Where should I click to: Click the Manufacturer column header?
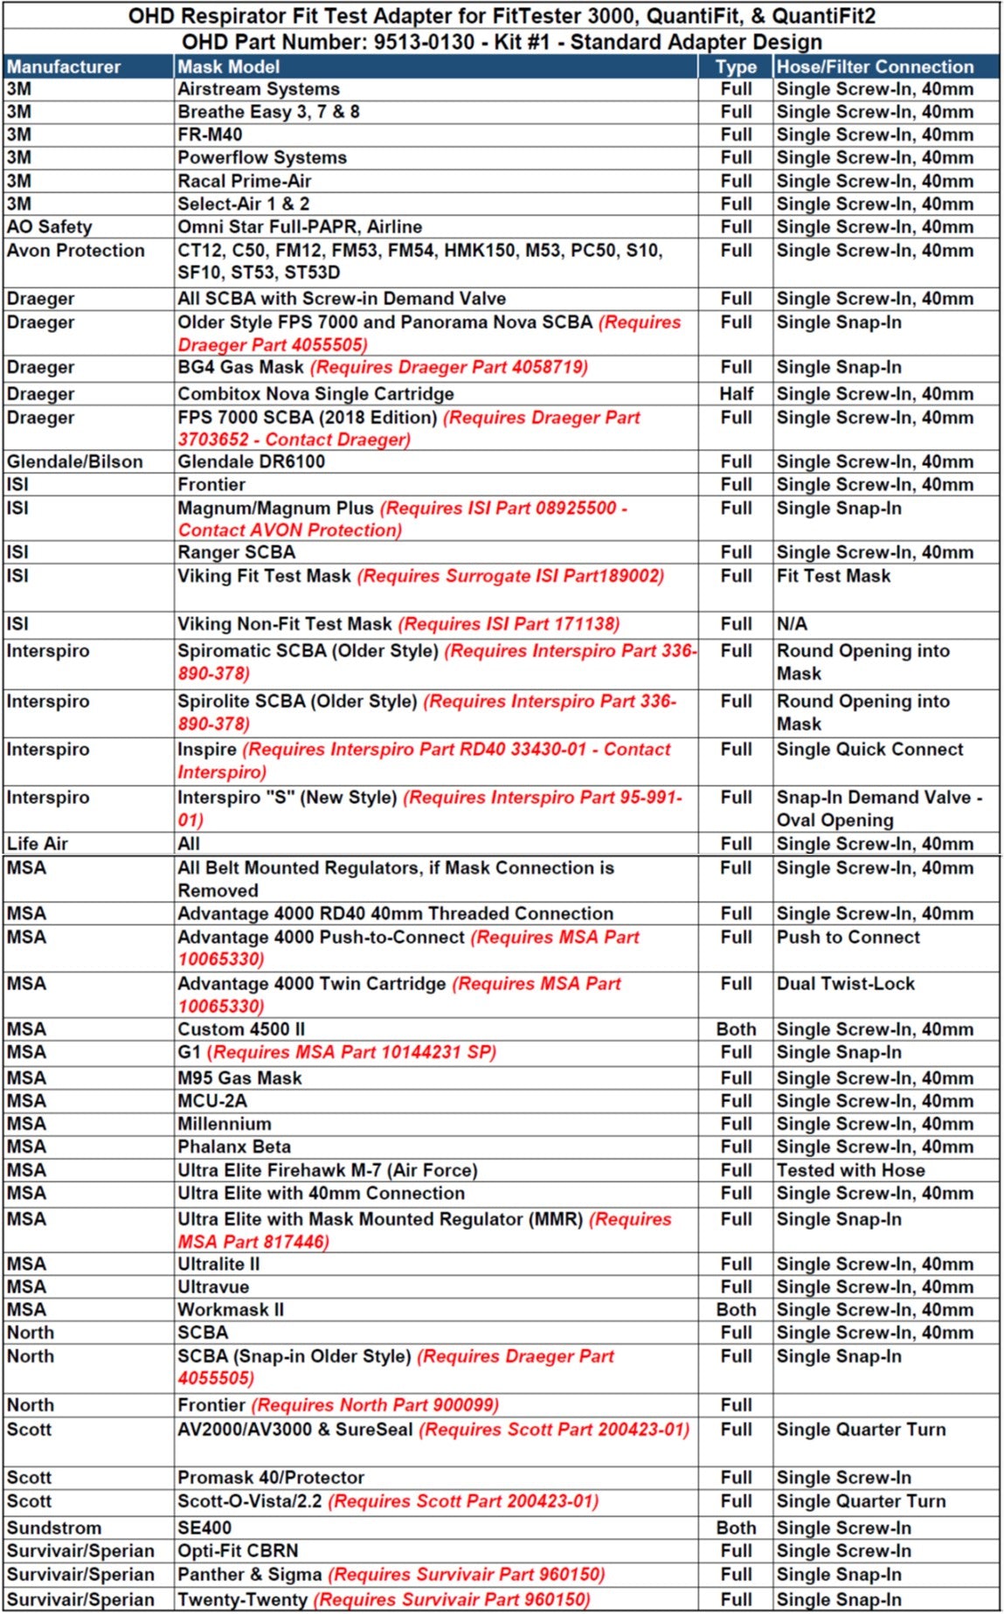[64, 66]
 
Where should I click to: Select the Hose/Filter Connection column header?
[875, 66]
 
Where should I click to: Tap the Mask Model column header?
[229, 66]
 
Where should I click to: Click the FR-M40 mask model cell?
[210, 135]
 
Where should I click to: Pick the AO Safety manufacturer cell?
[50, 227]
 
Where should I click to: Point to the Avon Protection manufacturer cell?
[76, 251]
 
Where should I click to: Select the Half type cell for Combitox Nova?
[736, 394]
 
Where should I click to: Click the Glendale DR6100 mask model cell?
[252, 461]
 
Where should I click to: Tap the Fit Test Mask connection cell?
[834, 576]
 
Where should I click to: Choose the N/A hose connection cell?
[792, 624]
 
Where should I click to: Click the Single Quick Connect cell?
[869, 750]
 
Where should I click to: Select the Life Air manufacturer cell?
[38, 844]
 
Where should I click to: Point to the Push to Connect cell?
[848, 938]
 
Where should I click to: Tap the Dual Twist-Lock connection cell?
[846, 984]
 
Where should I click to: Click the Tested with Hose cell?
[850, 1171]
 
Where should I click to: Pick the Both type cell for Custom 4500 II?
[736, 1029]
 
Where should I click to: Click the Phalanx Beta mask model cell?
[234, 1147]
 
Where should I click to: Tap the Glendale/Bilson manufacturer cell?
[74, 461]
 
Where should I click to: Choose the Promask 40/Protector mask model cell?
[271, 1478]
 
